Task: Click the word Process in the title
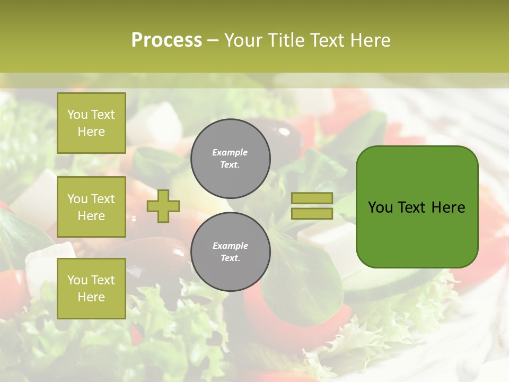point(166,40)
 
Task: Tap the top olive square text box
point(91,123)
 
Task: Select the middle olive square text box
point(91,207)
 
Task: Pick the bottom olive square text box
point(91,289)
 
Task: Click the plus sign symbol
point(163,206)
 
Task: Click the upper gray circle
point(230,159)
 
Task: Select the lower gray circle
point(230,252)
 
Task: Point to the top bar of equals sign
point(312,198)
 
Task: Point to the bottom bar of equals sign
point(312,214)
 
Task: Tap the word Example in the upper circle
point(230,152)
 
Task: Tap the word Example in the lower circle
point(230,246)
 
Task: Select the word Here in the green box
point(448,207)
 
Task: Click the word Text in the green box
point(413,207)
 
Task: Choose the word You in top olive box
point(77,115)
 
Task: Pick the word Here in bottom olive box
point(91,297)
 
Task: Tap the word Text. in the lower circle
point(230,258)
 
